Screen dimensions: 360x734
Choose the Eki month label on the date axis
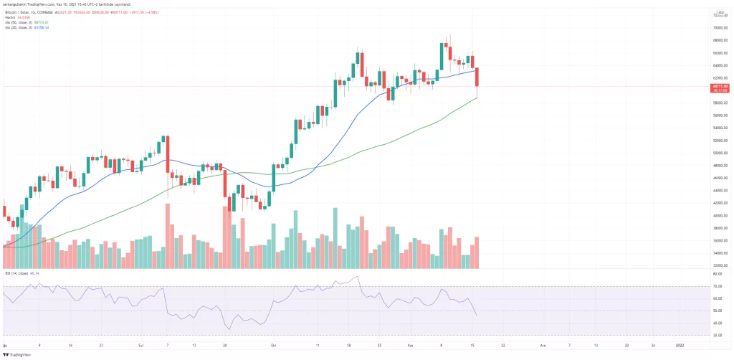point(272,344)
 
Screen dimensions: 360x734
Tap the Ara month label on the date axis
point(543,344)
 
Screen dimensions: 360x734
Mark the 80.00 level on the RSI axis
point(716,274)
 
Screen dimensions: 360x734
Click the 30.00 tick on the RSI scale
point(716,335)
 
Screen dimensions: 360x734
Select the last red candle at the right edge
point(477,77)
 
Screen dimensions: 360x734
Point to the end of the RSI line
point(477,315)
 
